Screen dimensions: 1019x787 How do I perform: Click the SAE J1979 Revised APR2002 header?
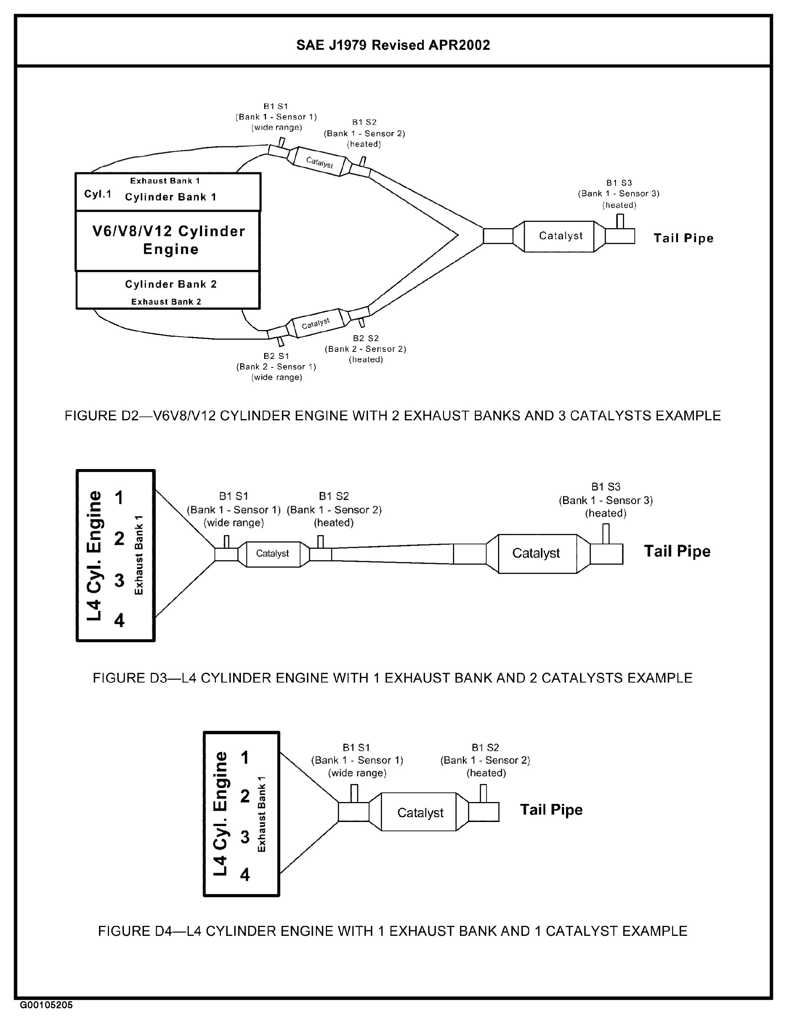pos(393,45)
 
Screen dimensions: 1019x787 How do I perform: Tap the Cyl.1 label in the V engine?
pos(98,194)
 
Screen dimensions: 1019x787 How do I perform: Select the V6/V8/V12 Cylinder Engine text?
pos(168,240)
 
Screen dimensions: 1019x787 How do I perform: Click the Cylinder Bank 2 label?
pos(171,284)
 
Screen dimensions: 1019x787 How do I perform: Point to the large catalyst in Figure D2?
pos(559,236)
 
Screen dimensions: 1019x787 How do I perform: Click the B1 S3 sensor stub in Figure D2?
pos(620,221)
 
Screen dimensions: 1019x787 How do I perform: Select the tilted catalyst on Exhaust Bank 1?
pos(319,162)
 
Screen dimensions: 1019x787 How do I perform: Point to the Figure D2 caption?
pos(392,416)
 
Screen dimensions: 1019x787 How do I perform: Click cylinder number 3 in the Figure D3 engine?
pos(119,580)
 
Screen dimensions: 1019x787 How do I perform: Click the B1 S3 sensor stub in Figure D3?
pos(606,534)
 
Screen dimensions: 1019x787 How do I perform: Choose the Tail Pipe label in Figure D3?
pos(677,551)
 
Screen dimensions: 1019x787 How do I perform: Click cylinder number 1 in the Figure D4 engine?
pos(245,758)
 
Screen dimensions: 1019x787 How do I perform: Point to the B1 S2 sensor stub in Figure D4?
pos(483,793)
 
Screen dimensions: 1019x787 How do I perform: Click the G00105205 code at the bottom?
pos(46,1005)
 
